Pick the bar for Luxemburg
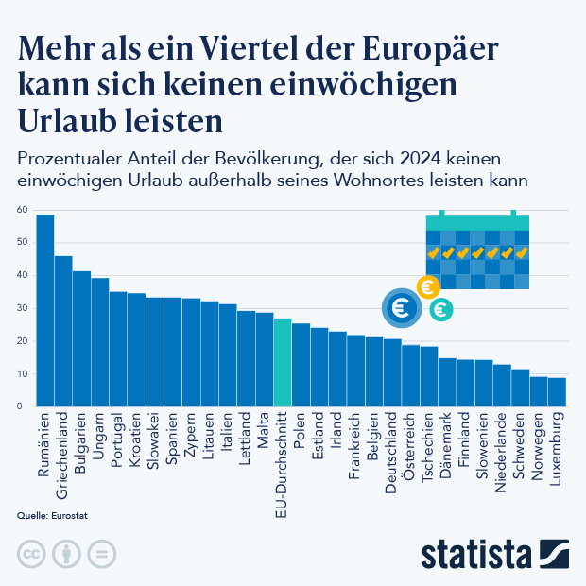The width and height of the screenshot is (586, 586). point(557,391)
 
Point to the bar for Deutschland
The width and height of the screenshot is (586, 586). point(392,372)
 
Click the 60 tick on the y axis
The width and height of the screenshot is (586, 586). point(21,210)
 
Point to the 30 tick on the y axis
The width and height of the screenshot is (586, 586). point(21,308)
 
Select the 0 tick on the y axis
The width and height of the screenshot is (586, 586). point(21,406)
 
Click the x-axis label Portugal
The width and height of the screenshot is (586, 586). point(118,438)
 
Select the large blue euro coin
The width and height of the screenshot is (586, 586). point(400,307)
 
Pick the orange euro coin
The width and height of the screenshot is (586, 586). point(427,287)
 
